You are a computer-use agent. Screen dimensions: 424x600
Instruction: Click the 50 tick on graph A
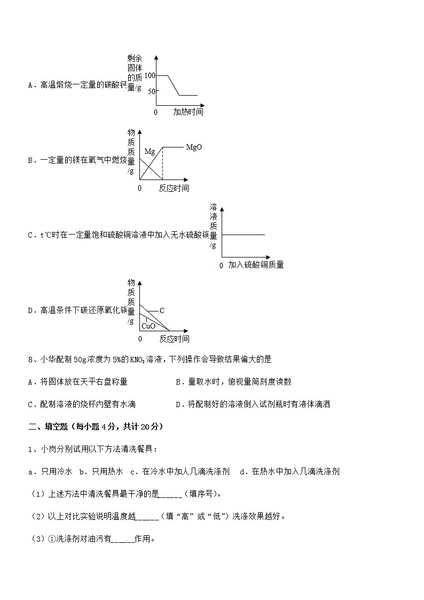151,91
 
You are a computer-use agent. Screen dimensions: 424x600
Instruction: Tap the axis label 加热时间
188,112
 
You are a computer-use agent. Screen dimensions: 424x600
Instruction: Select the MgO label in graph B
194,147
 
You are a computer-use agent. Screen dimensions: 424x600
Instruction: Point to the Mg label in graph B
150,152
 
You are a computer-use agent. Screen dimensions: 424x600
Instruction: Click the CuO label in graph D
148,326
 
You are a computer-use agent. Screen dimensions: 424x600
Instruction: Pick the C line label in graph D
162,310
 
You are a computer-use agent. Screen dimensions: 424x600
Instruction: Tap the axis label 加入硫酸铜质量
255,265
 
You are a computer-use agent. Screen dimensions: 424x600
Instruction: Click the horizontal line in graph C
243,235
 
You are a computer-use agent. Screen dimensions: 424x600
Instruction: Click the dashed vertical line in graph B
162,163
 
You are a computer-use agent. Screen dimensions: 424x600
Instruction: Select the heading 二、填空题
51,426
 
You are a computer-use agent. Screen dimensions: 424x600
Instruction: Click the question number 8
30,359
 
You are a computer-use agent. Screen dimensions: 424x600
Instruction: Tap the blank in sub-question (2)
148,516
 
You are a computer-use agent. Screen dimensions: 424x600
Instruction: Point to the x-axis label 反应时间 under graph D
174,339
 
